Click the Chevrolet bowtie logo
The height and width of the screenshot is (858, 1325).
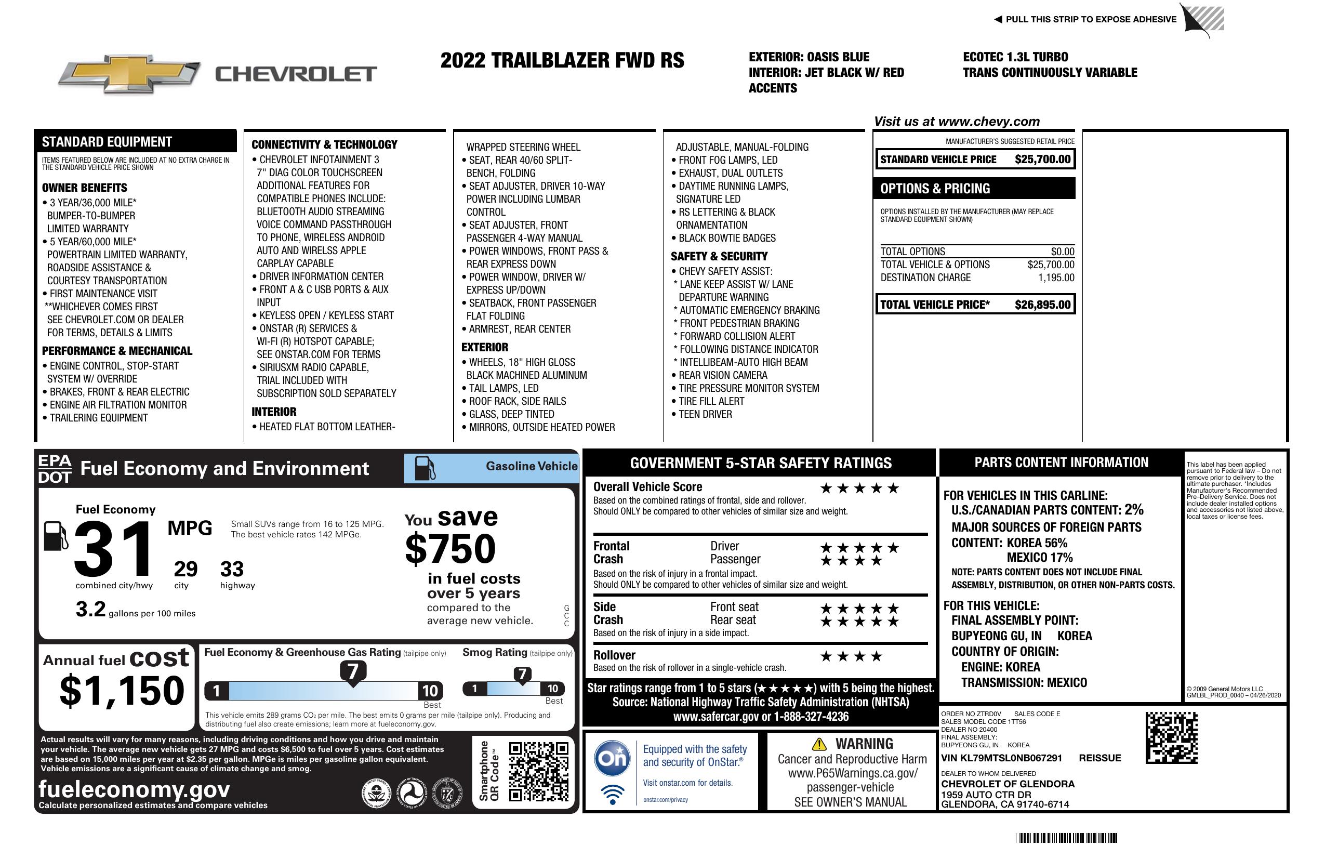tap(129, 73)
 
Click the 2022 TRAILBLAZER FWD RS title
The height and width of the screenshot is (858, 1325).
tap(562, 61)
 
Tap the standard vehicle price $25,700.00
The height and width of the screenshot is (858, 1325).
tap(1042, 159)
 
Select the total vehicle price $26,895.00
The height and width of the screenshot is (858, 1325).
tap(1042, 305)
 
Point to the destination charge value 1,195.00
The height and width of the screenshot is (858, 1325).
tap(1055, 278)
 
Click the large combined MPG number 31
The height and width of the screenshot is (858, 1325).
tap(113, 549)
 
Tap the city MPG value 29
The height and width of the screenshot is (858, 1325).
tap(186, 569)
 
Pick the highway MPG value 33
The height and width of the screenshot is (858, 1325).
tap(232, 569)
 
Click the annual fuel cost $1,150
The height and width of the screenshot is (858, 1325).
tap(122, 691)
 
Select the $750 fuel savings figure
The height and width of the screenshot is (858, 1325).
tap(451, 549)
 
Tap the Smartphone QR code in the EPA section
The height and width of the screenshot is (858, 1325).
tap(538, 771)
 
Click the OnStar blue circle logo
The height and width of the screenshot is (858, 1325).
tap(612, 758)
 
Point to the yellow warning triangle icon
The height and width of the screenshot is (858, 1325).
tap(819, 744)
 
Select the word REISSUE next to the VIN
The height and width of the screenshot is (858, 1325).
tap(1099, 758)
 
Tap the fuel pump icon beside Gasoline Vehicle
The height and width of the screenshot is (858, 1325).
tap(424, 468)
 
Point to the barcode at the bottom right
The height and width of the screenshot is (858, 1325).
tap(1066, 838)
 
